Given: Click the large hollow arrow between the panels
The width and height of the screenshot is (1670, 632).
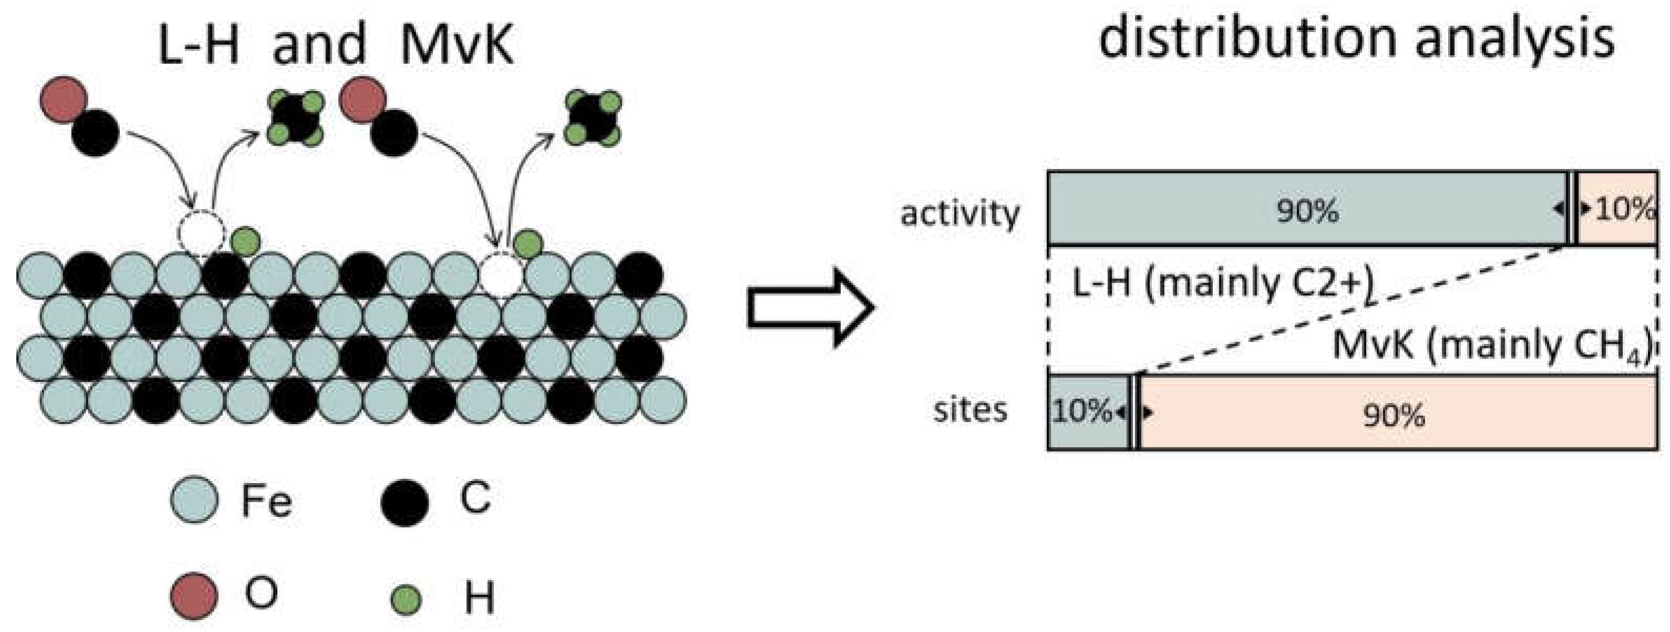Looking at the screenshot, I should point(811,308).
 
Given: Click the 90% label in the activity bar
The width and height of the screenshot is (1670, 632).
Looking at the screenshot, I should point(1307,211).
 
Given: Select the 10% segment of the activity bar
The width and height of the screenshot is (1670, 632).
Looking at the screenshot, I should point(1617,209).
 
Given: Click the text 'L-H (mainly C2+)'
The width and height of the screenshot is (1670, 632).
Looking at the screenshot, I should point(1222,284).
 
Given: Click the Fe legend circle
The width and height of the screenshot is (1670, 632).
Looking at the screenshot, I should point(194,500).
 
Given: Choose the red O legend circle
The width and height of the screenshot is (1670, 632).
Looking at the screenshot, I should point(194,596).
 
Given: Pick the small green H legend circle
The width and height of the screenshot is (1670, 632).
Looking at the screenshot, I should point(408,599).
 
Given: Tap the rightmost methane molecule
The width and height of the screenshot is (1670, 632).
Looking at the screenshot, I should point(593,118).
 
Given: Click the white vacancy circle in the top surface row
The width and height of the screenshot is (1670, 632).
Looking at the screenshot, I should point(500,274).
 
